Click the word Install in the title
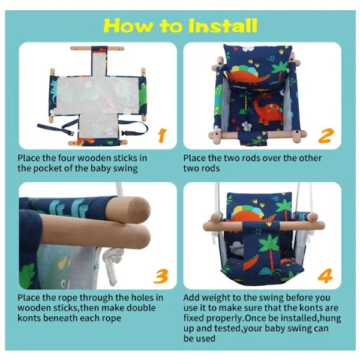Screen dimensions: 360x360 [223, 25]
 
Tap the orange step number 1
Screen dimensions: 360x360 [163, 135]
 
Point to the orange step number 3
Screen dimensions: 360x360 [161, 276]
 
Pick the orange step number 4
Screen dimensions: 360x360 [325, 276]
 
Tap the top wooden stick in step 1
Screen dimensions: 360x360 [97, 49]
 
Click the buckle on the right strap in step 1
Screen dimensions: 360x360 [125, 133]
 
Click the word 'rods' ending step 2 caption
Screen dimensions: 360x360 [211, 168]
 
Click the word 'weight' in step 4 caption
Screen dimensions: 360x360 [216, 298]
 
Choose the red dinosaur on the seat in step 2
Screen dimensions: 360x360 [268, 110]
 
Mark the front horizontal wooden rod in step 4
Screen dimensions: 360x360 [264, 226]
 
